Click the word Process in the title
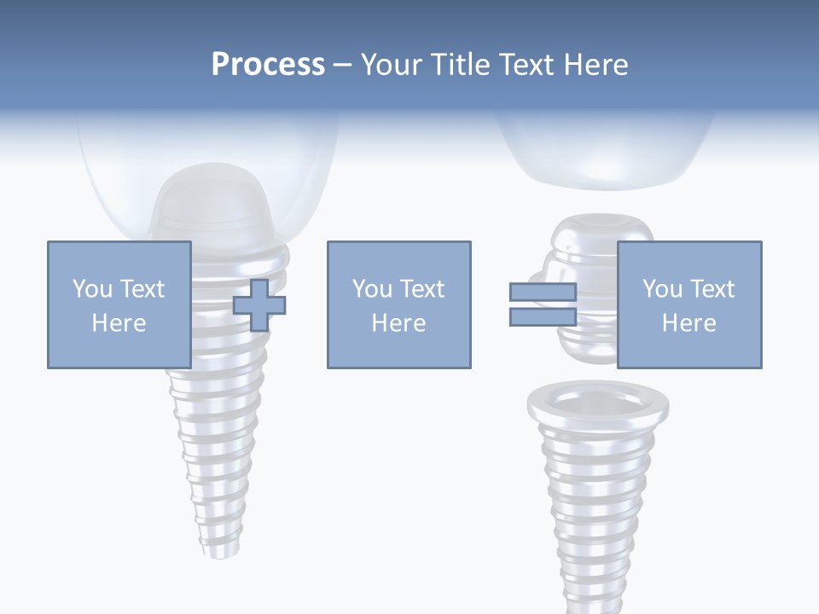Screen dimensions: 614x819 click(x=268, y=64)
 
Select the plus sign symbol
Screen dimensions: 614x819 click(x=259, y=304)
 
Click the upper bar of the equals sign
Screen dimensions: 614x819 click(x=543, y=293)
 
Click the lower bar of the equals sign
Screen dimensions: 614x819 click(x=543, y=317)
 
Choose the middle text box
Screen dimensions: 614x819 click(x=398, y=304)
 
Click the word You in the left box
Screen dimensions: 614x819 click(x=91, y=288)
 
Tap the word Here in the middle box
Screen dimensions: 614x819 click(x=398, y=323)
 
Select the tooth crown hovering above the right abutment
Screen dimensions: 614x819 click(x=606, y=153)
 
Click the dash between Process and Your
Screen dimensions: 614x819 click(x=342, y=65)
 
